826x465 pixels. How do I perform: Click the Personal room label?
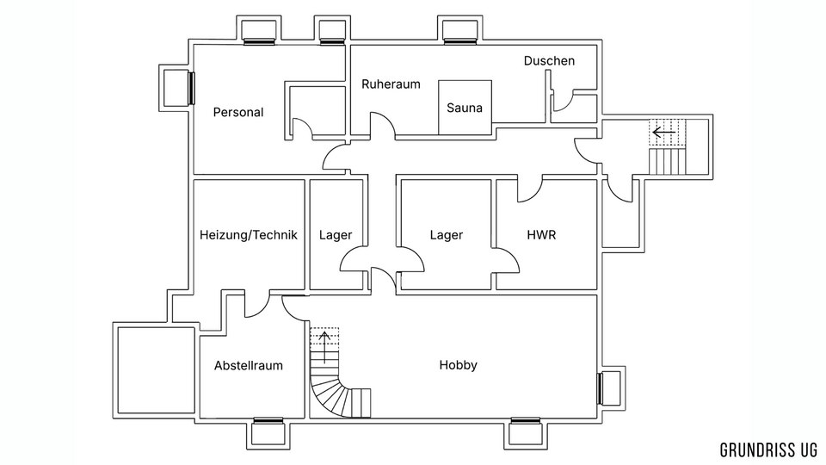[x=238, y=112]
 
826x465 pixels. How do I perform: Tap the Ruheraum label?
[x=391, y=84]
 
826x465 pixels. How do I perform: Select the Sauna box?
[x=465, y=108]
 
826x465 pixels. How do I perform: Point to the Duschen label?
[x=549, y=61]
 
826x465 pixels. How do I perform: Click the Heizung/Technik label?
[x=249, y=235]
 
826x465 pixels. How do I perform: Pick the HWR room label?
[x=541, y=235]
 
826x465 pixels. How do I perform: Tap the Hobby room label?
[x=458, y=365]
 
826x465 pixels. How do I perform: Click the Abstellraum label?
[x=249, y=366]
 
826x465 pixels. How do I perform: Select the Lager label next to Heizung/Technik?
[x=336, y=235]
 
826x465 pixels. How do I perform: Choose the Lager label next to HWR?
[x=447, y=235]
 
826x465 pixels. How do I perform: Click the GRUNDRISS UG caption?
[x=768, y=449]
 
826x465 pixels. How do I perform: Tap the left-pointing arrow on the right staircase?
[x=663, y=133]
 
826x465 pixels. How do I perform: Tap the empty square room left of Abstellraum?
[x=156, y=370]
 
